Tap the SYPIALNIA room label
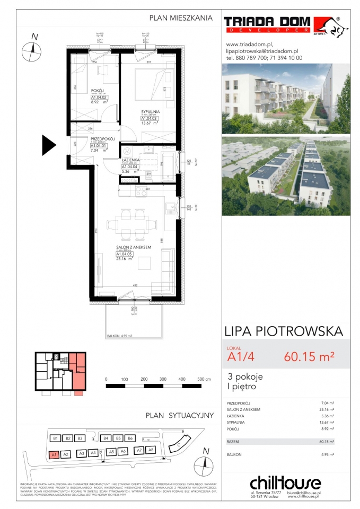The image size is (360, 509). tap(151, 111)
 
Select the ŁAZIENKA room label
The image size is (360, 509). tap(130, 160)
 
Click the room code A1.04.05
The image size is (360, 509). tap(125, 254)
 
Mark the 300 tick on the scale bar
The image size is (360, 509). tap(162, 380)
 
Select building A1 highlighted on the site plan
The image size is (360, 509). tap(54, 454)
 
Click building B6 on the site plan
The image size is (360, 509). tap(130, 438)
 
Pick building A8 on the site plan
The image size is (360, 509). tap(151, 450)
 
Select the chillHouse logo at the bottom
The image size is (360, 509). tap(285, 483)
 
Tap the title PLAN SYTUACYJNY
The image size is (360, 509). tap(180, 416)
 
